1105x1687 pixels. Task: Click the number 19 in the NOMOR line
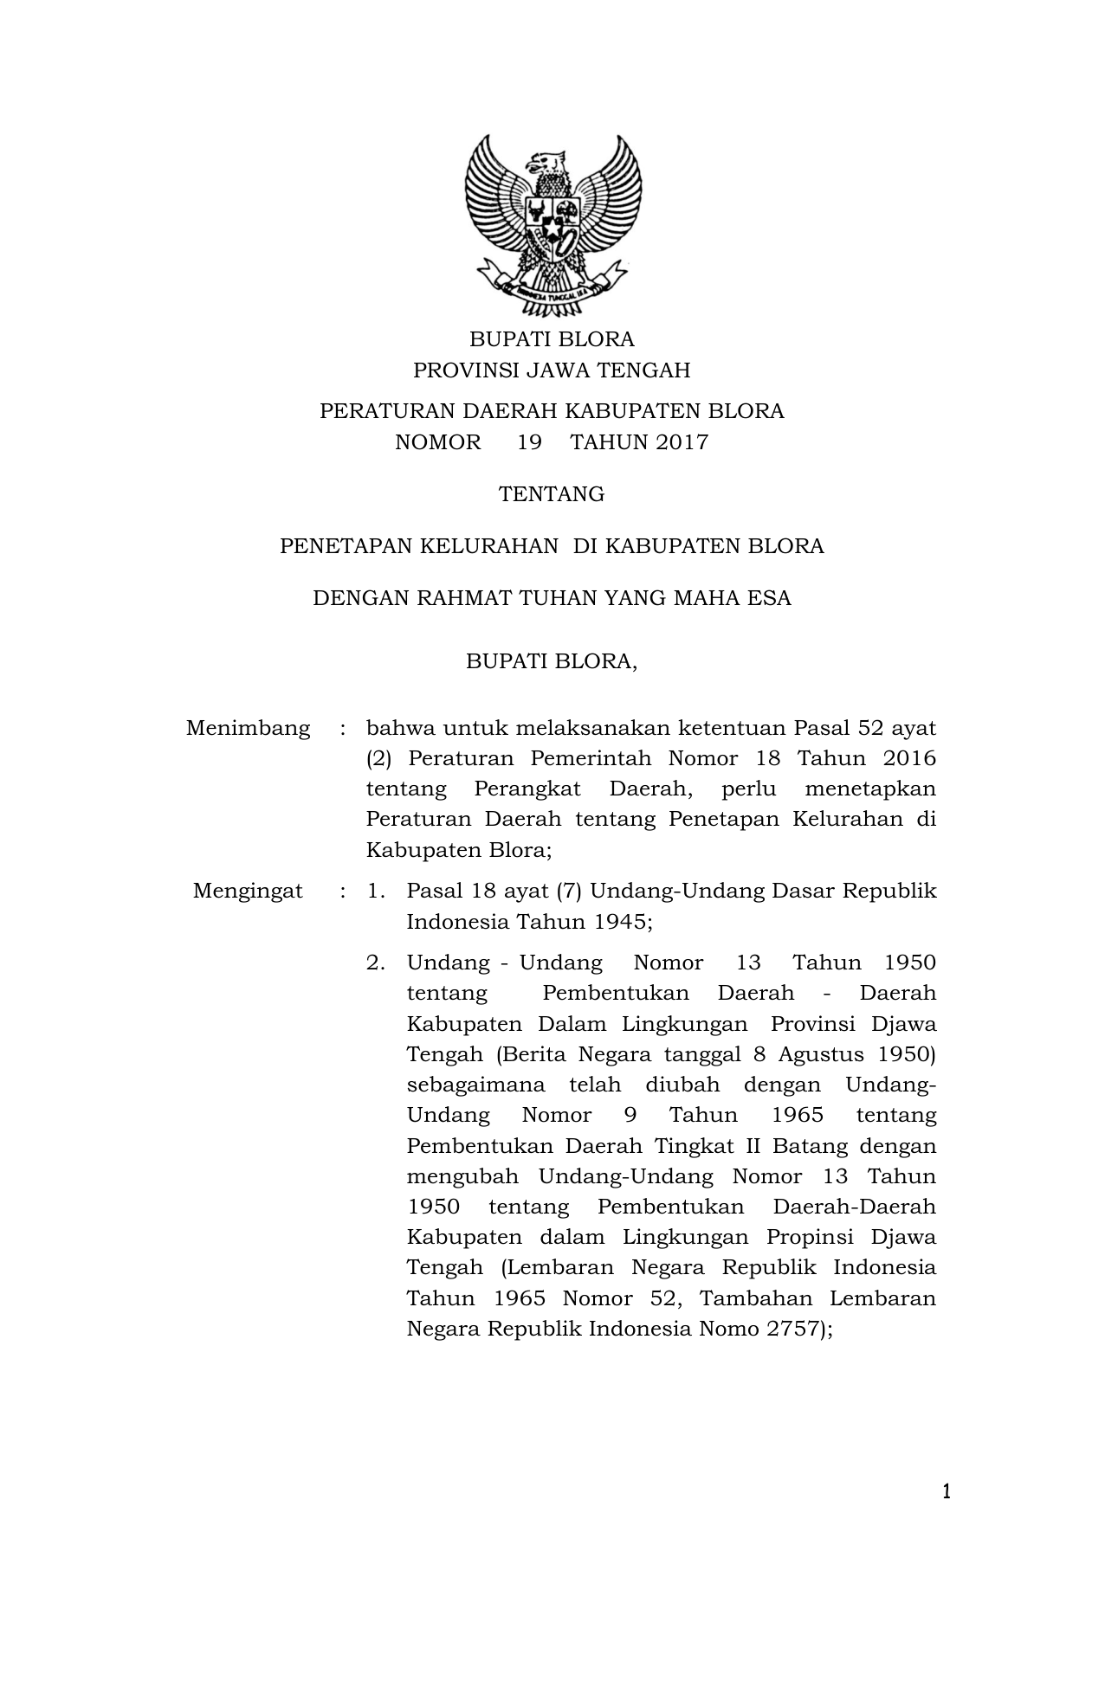pos(529,442)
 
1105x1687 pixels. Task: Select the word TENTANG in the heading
pos(552,494)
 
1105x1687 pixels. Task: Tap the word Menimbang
pos(248,728)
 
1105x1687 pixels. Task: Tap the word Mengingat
pos(248,891)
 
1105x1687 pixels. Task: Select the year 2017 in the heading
pos(682,442)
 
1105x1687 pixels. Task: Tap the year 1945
pos(621,922)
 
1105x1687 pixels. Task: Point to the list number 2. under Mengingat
pos(375,963)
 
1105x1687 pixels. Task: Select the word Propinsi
pos(809,1237)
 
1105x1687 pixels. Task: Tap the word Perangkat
pos(528,789)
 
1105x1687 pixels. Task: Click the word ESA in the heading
pos(770,598)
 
